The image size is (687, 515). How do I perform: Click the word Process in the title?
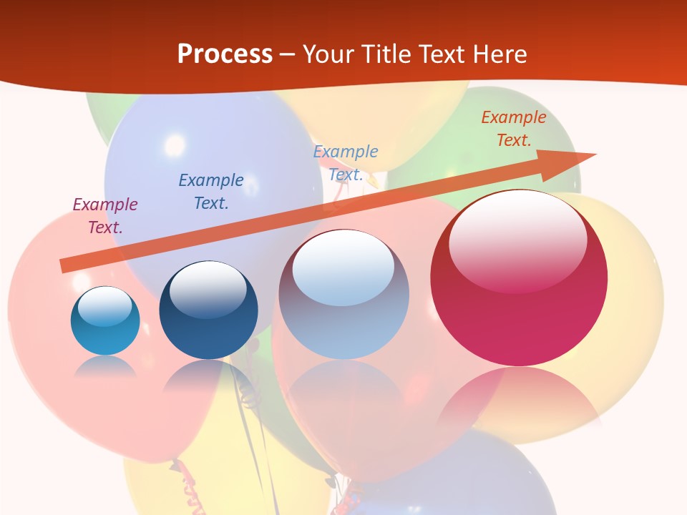[225, 54]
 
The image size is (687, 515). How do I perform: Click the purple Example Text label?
[105, 215]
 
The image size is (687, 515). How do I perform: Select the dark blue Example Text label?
[211, 191]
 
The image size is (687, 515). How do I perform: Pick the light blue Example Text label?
[346, 162]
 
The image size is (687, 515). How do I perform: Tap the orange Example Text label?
[514, 128]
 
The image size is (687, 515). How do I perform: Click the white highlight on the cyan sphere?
[104, 306]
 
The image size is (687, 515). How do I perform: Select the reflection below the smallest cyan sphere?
[105, 367]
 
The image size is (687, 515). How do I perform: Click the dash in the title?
[287, 54]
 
